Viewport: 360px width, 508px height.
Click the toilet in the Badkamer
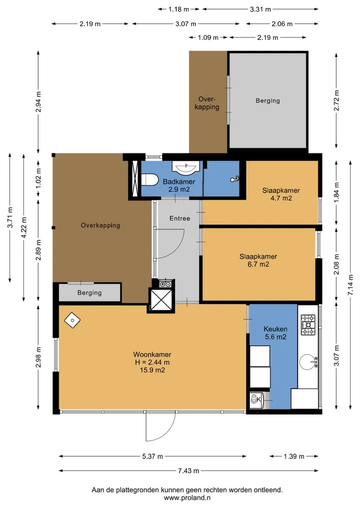point(149,179)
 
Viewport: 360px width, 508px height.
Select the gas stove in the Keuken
point(308,325)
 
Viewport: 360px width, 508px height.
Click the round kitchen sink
point(307,362)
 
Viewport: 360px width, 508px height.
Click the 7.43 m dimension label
point(188,471)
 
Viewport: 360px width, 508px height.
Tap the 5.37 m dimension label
point(152,457)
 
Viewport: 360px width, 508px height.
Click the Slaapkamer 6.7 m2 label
point(258,260)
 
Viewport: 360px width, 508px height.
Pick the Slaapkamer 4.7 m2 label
point(281,194)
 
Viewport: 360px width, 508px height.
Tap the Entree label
point(179,218)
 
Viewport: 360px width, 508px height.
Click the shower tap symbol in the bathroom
point(235,179)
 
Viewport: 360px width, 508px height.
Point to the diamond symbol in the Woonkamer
point(72,320)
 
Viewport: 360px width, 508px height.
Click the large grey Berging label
point(267,101)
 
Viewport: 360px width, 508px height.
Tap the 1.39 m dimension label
point(294,457)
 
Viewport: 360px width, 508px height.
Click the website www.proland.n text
point(187,498)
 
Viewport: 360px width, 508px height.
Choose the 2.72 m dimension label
point(336,100)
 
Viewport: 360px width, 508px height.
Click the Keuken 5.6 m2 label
point(275,333)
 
